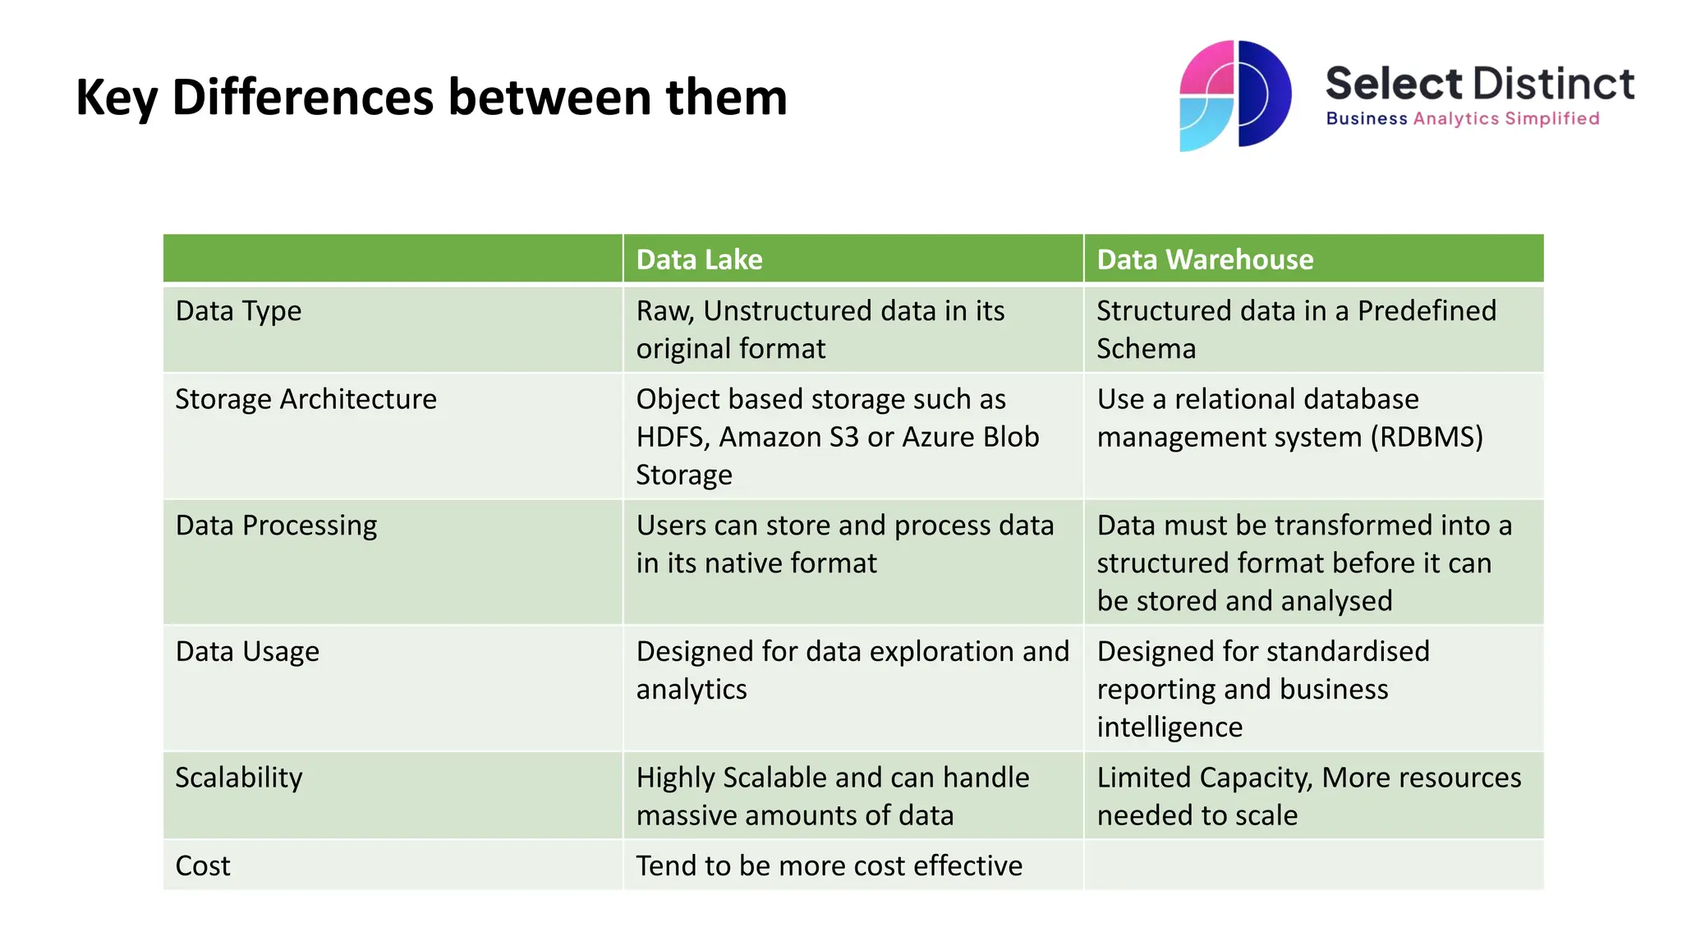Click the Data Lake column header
699,259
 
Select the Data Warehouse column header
1205,259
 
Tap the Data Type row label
238,311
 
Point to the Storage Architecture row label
306,399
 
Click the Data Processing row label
276,526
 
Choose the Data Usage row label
247,652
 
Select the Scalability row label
239,778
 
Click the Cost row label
203,866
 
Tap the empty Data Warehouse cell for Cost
1312,865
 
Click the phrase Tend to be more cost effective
829,866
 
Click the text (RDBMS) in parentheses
1426,438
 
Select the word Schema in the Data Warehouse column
1146,349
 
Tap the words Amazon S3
788,438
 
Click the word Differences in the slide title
303,97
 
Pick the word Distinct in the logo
1553,85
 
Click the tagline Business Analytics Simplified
1462,119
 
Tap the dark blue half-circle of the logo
1266,93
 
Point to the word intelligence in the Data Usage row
1170,728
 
